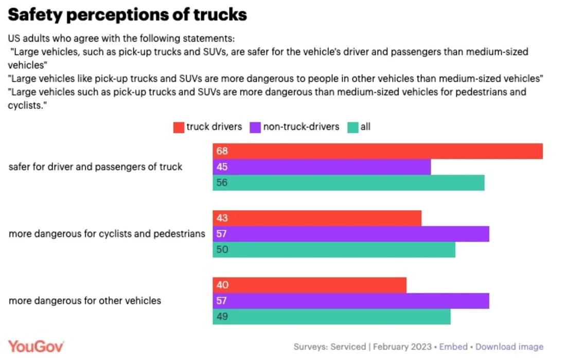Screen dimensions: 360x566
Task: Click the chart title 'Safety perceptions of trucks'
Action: click(x=128, y=15)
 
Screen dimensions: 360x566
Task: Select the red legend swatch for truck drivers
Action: click(x=179, y=127)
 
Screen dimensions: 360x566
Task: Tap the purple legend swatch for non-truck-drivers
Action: click(x=256, y=127)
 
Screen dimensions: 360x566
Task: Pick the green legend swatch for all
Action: click(x=353, y=127)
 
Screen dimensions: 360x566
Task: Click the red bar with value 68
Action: click(x=378, y=151)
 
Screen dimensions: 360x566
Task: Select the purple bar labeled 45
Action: click(x=322, y=167)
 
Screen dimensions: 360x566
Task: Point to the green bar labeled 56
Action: click(x=348, y=183)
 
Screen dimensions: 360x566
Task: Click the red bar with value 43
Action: click(x=317, y=218)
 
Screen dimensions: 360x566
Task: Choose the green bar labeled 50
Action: click(x=334, y=249)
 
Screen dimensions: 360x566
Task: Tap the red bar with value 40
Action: click(x=309, y=285)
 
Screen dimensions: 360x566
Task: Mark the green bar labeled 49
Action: click(x=331, y=316)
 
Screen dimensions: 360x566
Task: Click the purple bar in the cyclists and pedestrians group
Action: click(x=351, y=234)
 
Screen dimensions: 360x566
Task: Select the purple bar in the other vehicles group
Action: click(x=351, y=301)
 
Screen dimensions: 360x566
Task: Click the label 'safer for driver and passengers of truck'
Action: click(x=96, y=167)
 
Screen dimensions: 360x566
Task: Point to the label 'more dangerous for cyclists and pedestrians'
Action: click(x=107, y=234)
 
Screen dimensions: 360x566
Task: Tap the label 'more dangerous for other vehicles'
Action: click(x=85, y=301)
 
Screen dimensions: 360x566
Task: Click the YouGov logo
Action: click(x=36, y=346)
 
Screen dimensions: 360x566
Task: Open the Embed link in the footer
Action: click(x=453, y=347)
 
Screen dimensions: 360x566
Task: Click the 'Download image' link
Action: click(x=509, y=347)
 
